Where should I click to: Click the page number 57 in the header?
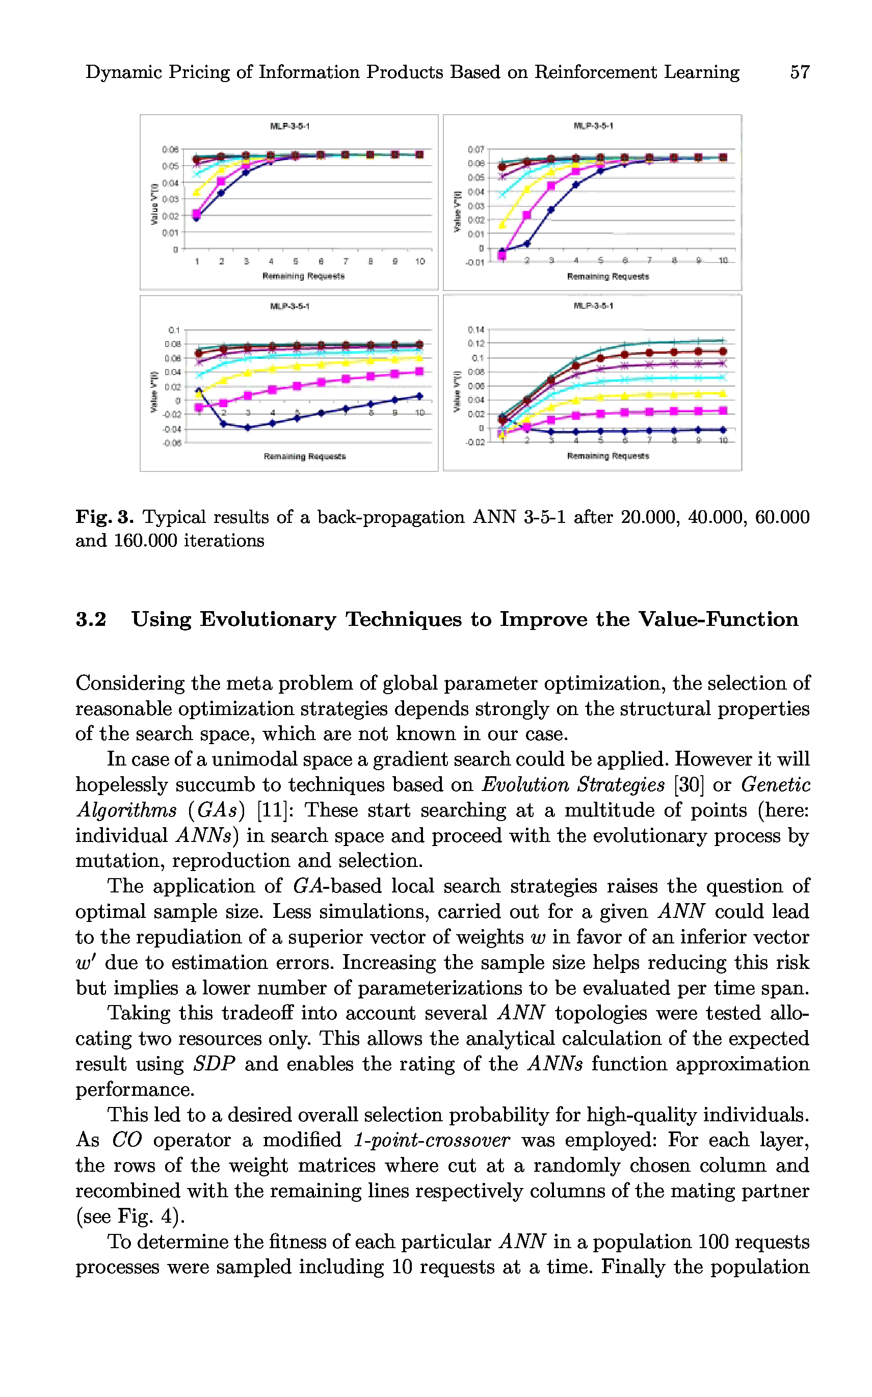coord(799,72)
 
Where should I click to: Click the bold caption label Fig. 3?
coord(104,517)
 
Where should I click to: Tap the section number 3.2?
coord(91,619)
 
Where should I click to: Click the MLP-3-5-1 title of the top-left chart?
coord(289,126)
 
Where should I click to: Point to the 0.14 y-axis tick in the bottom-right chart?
coord(476,330)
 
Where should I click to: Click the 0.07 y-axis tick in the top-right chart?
coord(476,149)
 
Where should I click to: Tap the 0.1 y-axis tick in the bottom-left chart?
coord(174,330)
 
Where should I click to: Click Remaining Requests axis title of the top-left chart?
coord(303,276)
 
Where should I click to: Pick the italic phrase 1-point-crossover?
coord(432,1140)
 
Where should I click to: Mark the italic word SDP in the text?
coord(214,1064)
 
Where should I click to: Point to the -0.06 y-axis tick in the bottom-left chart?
coord(172,443)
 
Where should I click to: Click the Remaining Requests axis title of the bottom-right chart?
coord(608,456)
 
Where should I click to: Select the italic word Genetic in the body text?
coord(776,785)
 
